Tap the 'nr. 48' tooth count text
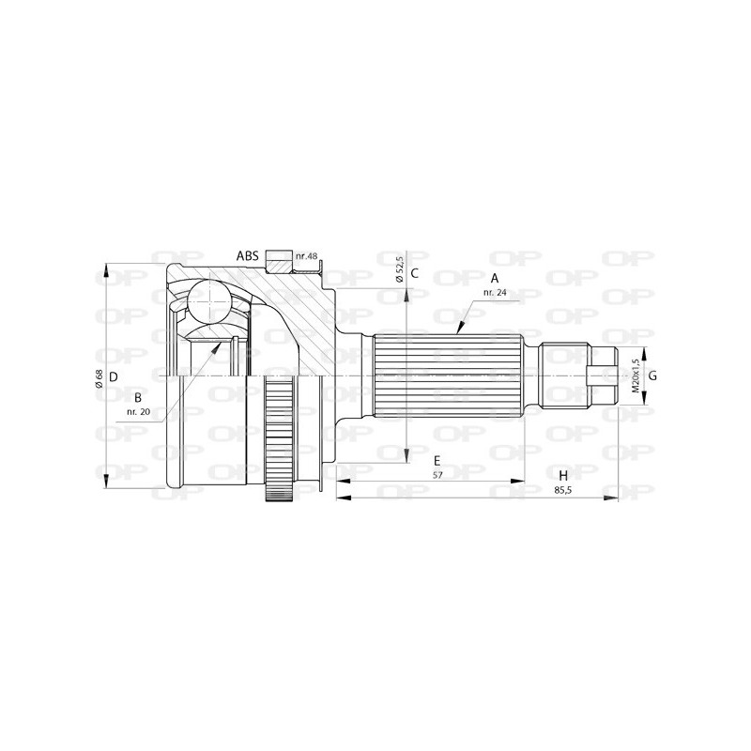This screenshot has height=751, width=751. pyautogui.click(x=307, y=256)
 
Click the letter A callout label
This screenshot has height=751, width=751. pyautogui.click(x=495, y=279)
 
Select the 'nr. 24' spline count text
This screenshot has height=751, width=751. pyautogui.click(x=495, y=293)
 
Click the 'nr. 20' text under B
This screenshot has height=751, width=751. pyautogui.click(x=138, y=411)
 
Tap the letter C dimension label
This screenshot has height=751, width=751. pyautogui.click(x=414, y=273)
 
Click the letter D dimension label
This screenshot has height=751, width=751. pyautogui.click(x=113, y=376)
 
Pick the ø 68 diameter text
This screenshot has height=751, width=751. pyautogui.click(x=99, y=377)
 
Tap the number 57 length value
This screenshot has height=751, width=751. pyautogui.click(x=437, y=475)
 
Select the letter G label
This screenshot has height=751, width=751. pyautogui.click(x=652, y=376)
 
